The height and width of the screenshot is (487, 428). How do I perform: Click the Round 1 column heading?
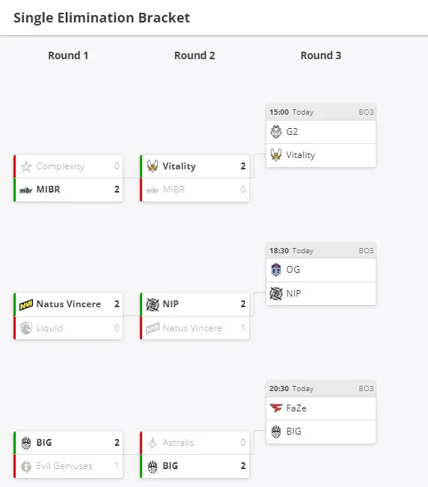[x=68, y=55]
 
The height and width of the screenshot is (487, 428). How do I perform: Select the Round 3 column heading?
[x=321, y=55]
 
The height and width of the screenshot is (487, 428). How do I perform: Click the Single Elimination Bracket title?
[x=102, y=18]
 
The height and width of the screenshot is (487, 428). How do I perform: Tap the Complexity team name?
[x=61, y=166]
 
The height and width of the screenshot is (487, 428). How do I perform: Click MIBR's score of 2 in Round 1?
[x=117, y=189]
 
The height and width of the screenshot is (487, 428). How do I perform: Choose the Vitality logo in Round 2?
[x=153, y=166]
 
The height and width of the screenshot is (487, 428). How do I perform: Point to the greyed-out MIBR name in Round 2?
[x=174, y=189]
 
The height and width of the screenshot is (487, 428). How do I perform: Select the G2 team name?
[x=292, y=132]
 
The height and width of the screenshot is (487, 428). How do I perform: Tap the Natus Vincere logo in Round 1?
[x=26, y=304]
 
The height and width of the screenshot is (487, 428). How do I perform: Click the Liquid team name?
[x=49, y=328]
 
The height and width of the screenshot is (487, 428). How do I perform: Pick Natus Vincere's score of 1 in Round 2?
[x=243, y=327]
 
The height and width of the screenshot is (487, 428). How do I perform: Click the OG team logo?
[x=276, y=270]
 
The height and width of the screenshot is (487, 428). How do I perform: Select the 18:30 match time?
[x=279, y=251]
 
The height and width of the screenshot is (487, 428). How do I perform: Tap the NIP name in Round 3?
[x=293, y=293]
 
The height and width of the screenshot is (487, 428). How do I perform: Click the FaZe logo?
[x=276, y=408]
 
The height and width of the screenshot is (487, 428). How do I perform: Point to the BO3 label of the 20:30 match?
[x=366, y=389]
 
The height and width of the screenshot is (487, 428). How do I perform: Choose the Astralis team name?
[x=178, y=443]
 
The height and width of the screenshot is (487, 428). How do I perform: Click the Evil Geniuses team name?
[x=64, y=466]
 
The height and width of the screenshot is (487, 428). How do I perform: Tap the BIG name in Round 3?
[x=294, y=432]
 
